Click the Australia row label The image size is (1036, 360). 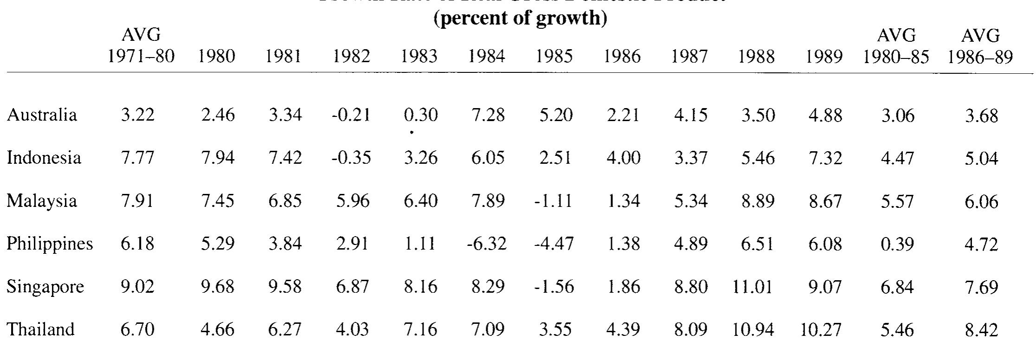[42, 115]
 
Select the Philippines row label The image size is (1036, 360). [50, 244]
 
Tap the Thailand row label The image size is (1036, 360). [41, 329]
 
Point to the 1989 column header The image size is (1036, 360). [824, 56]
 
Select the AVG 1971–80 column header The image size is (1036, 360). [141, 46]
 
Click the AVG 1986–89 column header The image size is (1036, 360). [980, 46]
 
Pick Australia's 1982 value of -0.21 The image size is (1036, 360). [351, 115]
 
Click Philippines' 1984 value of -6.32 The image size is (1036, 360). [487, 244]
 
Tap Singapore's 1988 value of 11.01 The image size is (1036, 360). [752, 287]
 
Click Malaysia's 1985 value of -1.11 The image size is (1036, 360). [553, 201]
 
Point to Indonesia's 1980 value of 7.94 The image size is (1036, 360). [218, 158]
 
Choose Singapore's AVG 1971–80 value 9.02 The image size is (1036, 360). [137, 287]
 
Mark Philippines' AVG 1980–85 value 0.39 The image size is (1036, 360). [897, 244]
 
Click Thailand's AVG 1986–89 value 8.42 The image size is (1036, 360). [981, 330]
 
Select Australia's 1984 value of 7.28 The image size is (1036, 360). [488, 115]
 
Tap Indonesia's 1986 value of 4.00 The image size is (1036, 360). [623, 158]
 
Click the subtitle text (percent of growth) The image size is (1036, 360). [520, 19]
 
